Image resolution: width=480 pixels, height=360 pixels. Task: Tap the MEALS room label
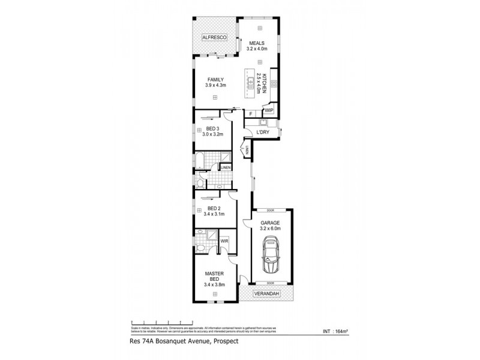[257, 43]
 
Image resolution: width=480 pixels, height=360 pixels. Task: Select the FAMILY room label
[215, 80]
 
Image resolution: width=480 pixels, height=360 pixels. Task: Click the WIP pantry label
[269, 110]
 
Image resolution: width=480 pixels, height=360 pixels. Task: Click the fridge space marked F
[250, 113]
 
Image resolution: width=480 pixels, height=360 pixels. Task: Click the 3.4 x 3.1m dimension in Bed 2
[214, 214]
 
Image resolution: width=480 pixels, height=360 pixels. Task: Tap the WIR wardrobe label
[224, 241]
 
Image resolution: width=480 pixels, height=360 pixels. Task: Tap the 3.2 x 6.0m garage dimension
[271, 228]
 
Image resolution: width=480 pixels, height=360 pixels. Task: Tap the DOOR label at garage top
[271, 210]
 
